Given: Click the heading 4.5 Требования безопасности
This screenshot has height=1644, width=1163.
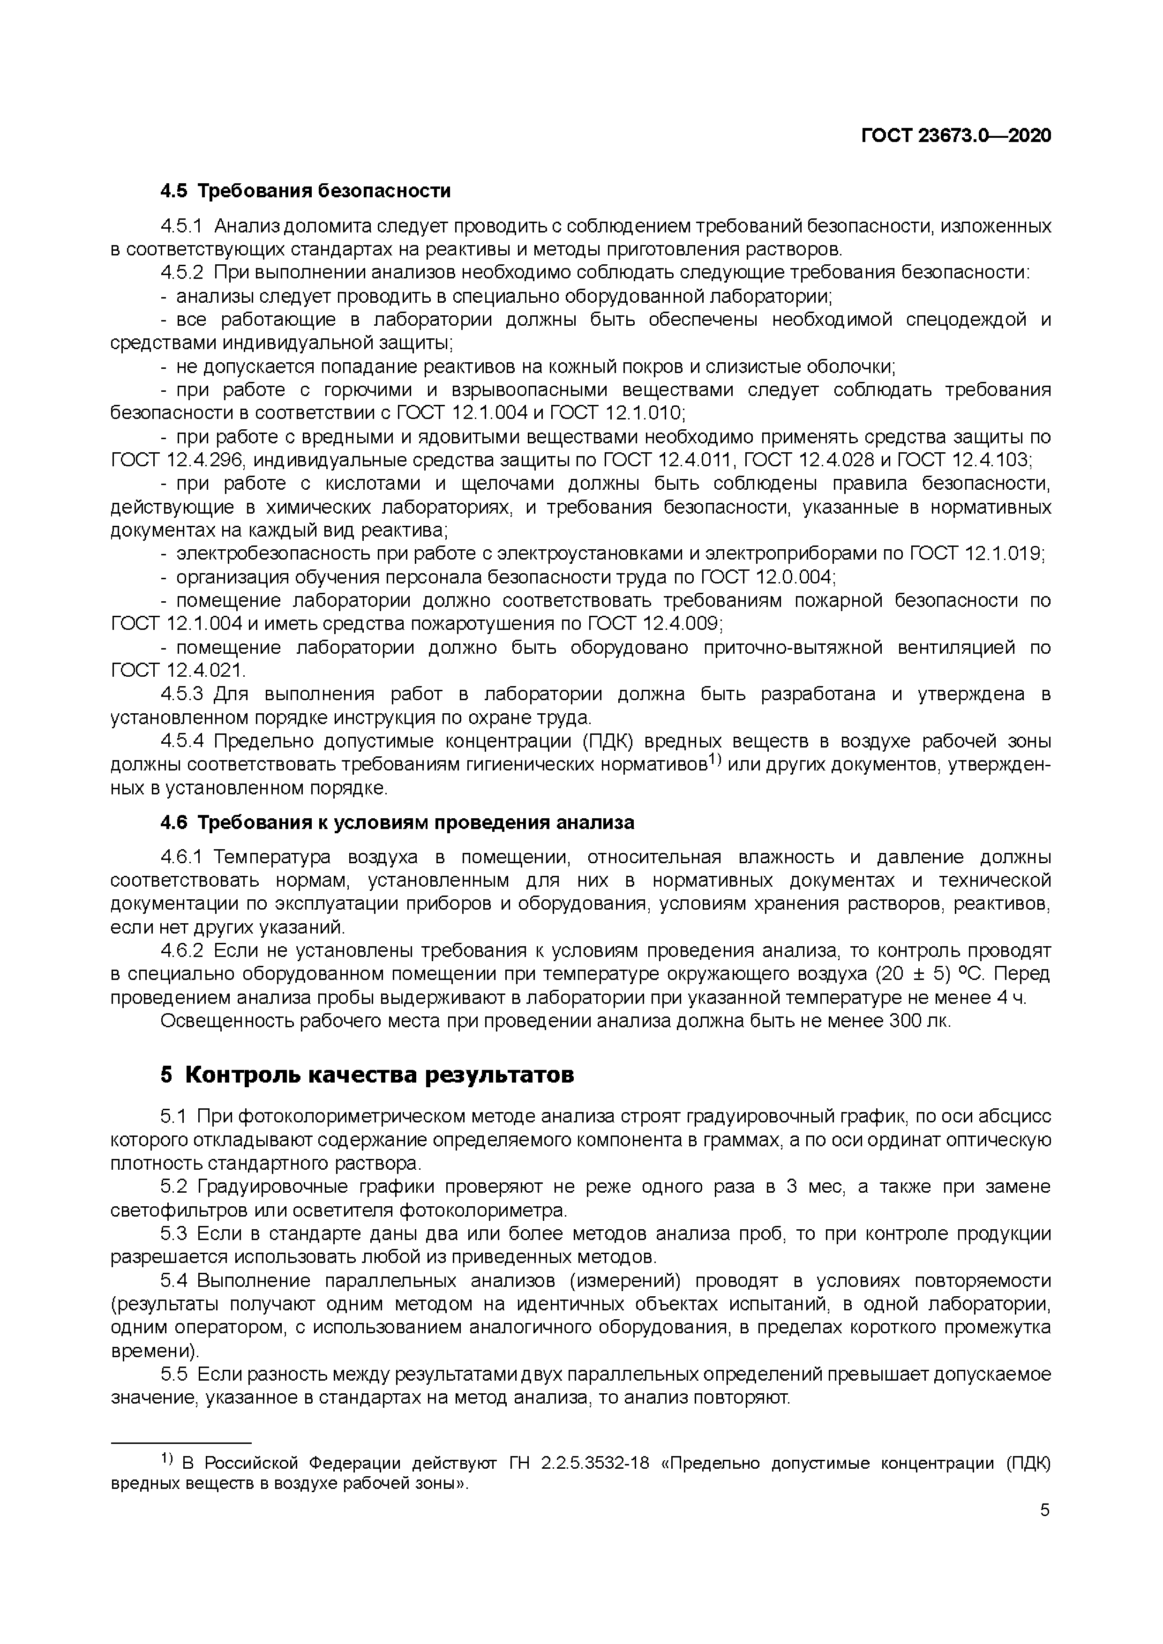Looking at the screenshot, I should point(306,191).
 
